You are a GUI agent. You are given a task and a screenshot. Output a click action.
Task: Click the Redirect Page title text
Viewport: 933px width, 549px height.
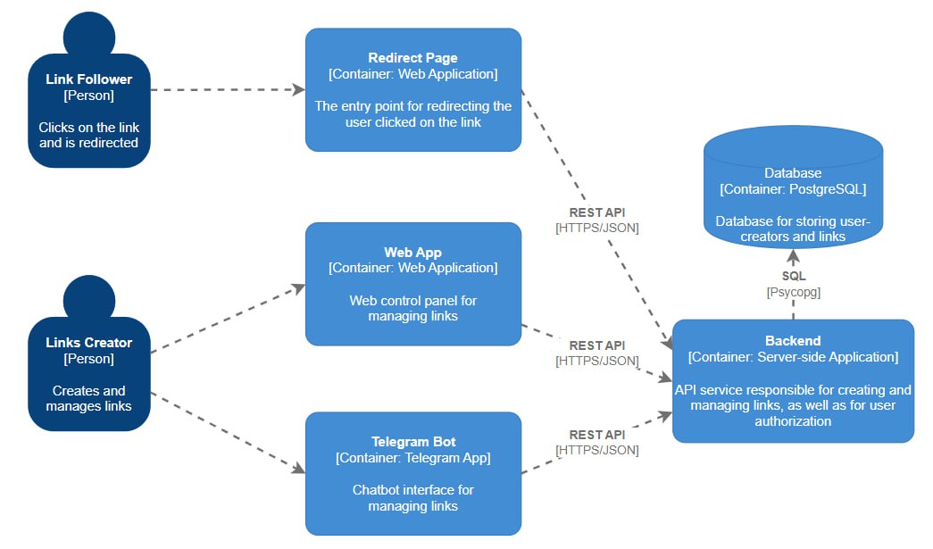point(412,58)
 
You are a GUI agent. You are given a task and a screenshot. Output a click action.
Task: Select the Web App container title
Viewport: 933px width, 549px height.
point(412,253)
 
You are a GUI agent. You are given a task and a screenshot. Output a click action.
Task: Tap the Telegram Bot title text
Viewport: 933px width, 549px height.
point(412,442)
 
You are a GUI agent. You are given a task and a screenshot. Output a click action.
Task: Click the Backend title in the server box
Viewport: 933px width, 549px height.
point(793,341)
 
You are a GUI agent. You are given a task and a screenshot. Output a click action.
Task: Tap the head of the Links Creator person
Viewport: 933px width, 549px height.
point(88,296)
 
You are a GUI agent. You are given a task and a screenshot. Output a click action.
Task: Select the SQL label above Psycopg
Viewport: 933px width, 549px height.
point(793,276)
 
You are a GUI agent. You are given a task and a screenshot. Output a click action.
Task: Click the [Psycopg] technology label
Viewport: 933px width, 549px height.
point(793,292)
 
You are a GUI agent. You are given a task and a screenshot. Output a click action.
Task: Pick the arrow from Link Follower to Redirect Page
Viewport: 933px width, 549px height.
point(228,89)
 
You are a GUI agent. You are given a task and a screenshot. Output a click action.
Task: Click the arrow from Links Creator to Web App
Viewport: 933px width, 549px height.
point(228,320)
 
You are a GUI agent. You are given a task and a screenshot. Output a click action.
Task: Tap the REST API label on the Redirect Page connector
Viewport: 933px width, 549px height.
point(596,212)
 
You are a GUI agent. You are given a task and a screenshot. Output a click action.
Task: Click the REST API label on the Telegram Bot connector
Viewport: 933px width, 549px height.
point(596,435)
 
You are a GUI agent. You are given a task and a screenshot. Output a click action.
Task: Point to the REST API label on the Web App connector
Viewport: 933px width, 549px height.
point(596,345)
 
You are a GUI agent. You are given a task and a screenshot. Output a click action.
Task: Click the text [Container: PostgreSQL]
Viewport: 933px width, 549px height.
point(793,189)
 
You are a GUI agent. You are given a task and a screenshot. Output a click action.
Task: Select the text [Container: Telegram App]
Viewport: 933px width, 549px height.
point(412,458)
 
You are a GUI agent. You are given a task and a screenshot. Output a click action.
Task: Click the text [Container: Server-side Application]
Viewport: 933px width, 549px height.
point(793,357)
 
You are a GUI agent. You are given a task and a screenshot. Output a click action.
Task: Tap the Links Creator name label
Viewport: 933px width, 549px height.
point(88,343)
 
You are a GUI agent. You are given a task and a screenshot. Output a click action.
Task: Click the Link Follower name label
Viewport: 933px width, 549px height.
point(88,79)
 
